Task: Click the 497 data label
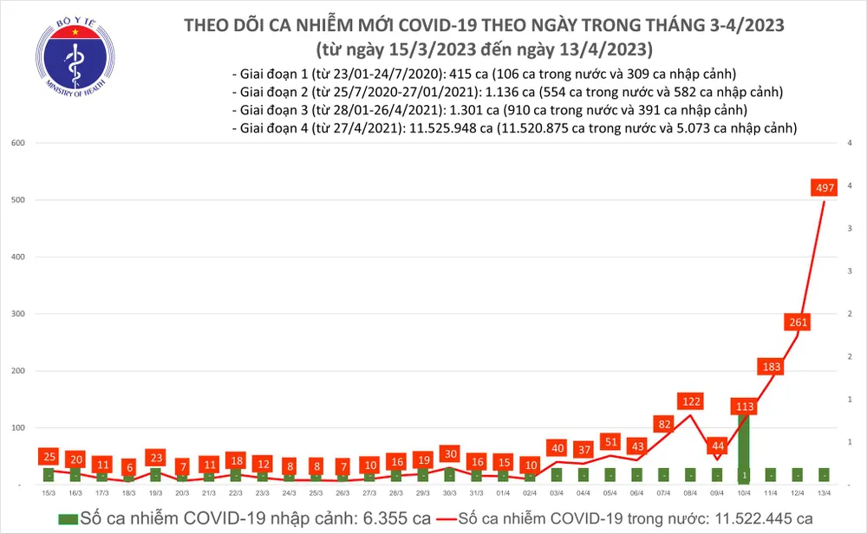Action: [x=824, y=187]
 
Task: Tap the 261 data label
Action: [x=798, y=322]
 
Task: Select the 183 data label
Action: [x=771, y=367]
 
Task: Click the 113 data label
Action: [x=743, y=407]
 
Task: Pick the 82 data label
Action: [x=664, y=424]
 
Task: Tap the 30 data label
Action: [x=449, y=453]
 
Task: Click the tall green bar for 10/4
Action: [x=743, y=446]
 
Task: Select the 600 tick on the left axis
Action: [x=16, y=143]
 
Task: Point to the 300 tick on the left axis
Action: [x=16, y=315]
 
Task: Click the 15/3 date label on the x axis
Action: [x=49, y=492]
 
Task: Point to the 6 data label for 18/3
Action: [x=129, y=466]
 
